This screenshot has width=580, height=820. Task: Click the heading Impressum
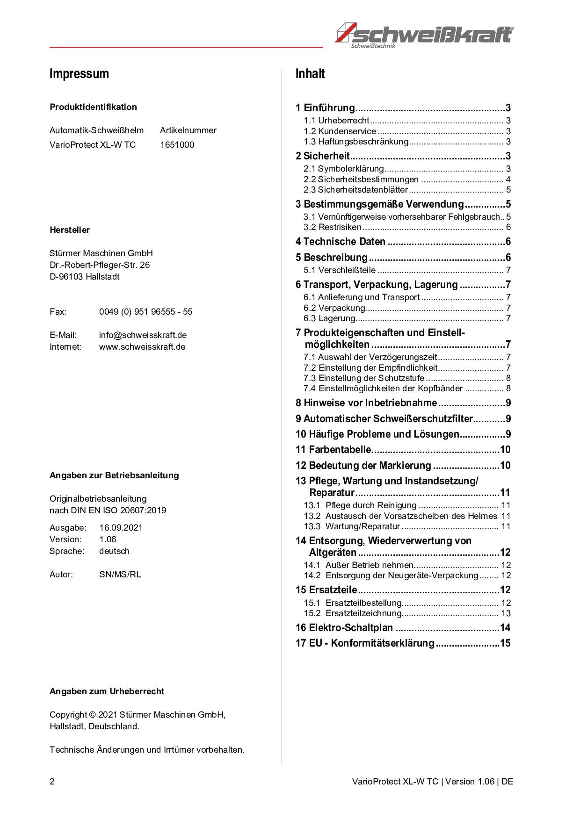[79, 74]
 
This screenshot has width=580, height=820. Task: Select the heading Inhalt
[310, 74]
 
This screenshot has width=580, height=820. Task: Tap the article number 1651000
[177, 145]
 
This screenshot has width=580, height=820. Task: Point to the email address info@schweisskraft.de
[143, 335]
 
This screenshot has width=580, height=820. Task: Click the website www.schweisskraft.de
[142, 347]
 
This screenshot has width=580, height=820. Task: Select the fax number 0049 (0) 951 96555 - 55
[145, 312]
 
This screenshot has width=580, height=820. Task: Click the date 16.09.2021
[121, 528]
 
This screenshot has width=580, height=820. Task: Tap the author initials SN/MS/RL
[120, 575]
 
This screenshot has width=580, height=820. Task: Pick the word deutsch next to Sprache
[114, 551]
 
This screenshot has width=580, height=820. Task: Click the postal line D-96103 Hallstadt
[85, 277]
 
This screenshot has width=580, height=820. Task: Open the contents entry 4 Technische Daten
[341, 242]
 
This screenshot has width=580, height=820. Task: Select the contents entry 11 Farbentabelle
[333, 450]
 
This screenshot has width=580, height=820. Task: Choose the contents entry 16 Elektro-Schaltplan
[344, 628]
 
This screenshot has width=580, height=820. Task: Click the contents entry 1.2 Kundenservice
[340, 131]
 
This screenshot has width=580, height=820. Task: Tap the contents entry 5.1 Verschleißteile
[339, 270]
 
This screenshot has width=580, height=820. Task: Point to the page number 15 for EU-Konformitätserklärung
[505, 643]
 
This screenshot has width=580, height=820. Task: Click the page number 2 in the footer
[52, 782]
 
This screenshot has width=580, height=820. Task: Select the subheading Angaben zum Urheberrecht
[107, 691]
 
